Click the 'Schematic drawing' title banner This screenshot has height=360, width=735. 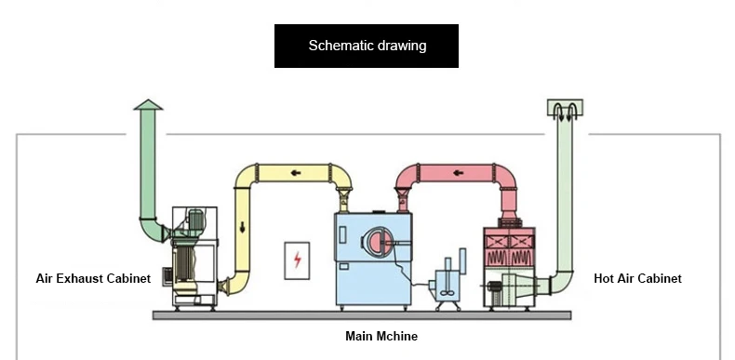pos(366,46)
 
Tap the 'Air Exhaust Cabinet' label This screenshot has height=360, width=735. pos(93,278)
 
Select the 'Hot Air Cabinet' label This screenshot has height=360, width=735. pos(637,278)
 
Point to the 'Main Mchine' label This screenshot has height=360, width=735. pos(381,336)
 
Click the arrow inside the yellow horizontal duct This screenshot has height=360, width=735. pos(296,173)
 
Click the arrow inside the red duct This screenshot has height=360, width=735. pos(459,173)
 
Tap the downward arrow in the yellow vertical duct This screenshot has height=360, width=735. pos(242,227)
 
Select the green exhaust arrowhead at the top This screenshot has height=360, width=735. pos(148,104)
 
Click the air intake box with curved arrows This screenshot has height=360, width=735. pos(565,108)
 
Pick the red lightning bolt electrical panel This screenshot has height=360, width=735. pos(297,260)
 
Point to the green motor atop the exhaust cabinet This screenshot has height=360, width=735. pos(195,220)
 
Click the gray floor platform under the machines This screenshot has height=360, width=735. pos(362,315)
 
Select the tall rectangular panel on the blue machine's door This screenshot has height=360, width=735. pos(342,234)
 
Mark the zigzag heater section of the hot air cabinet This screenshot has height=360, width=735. pos(509,259)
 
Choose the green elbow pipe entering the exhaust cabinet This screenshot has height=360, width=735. pos(151,230)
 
